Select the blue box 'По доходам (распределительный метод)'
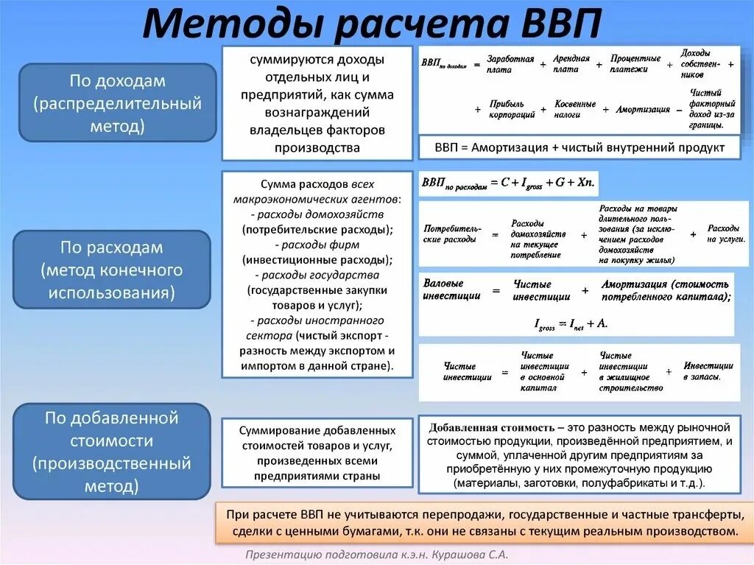pos(117,103)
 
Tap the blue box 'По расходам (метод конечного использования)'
pos(112,270)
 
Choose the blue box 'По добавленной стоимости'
pos(112,452)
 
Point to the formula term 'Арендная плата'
pos(571,64)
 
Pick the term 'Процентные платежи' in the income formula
pos(635,64)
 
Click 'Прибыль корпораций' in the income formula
pos(505,109)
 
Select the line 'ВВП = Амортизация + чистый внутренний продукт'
pos(579,147)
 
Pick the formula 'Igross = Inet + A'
pos(571,323)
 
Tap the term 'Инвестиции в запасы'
pos(708,371)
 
